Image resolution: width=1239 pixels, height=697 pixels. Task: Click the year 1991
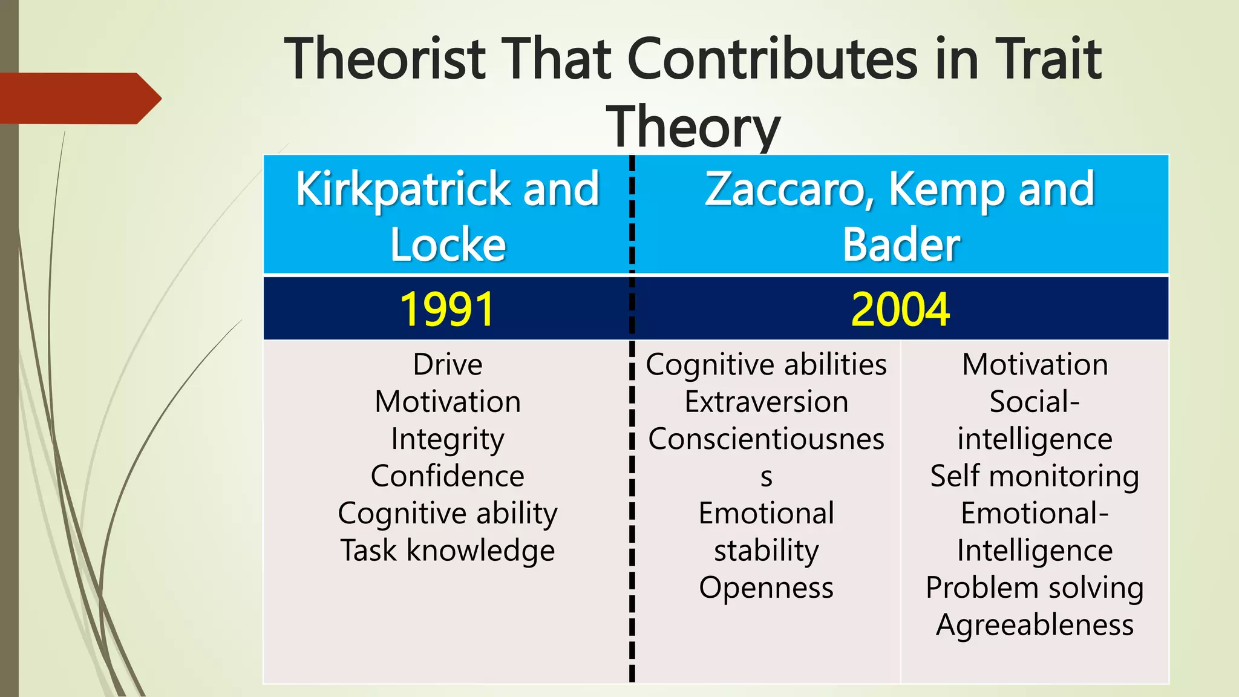pyautogui.click(x=447, y=309)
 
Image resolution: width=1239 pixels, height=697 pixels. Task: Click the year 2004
pyautogui.click(x=900, y=309)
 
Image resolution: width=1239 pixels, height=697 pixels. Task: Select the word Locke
pyautogui.click(x=448, y=245)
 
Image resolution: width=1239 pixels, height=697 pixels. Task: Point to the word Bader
pyautogui.click(x=901, y=245)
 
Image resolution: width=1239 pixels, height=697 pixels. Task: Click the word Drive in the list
pyautogui.click(x=448, y=364)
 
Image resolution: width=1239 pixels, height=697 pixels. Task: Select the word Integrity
pyautogui.click(x=448, y=439)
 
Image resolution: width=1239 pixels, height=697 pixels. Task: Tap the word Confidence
pyautogui.click(x=448, y=476)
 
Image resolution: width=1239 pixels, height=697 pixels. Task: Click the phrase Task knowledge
pyautogui.click(x=448, y=551)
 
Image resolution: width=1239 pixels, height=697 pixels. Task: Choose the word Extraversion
pyautogui.click(x=767, y=402)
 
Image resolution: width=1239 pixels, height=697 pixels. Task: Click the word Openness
pyautogui.click(x=767, y=587)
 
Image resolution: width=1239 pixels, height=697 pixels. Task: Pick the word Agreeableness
pyautogui.click(x=1035, y=625)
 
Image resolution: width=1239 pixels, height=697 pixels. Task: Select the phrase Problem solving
pyautogui.click(x=1035, y=587)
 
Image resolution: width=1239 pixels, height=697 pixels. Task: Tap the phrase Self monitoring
pyautogui.click(x=1035, y=476)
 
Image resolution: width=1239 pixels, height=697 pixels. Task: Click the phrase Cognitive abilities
pyautogui.click(x=767, y=364)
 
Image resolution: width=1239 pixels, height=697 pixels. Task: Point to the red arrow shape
pyautogui.click(x=79, y=98)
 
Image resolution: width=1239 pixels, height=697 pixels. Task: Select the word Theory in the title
pyautogui.click(x=693, y=127)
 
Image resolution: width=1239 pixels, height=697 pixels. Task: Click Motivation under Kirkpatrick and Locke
pyautogui.click(x=448, y=402)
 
